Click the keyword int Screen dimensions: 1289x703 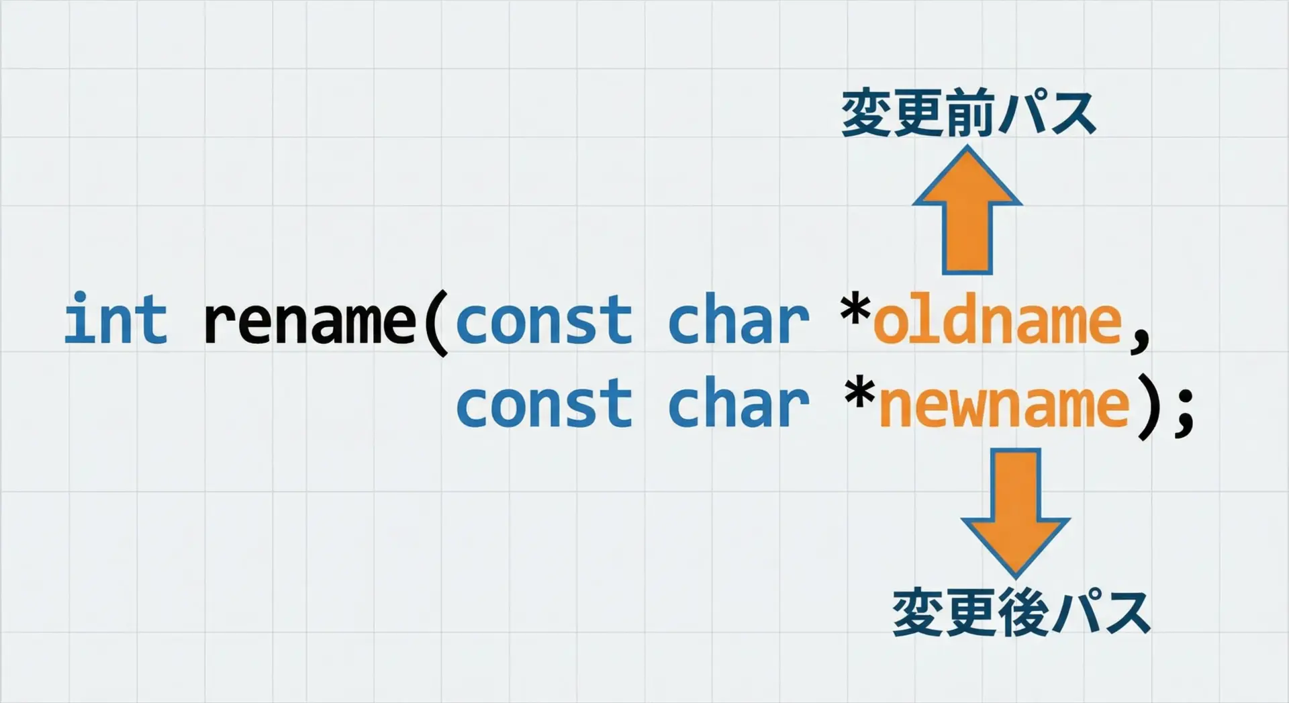click(x=115, y=318)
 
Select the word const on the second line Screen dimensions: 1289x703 click(x=544, y=404)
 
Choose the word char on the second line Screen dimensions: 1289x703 click(x=738, y=402)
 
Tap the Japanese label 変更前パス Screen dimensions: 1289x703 click(x=968, y=114)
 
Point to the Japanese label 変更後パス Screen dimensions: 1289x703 click(x=1021, y=612)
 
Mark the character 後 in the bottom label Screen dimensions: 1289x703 click(x=1022, y=612)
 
